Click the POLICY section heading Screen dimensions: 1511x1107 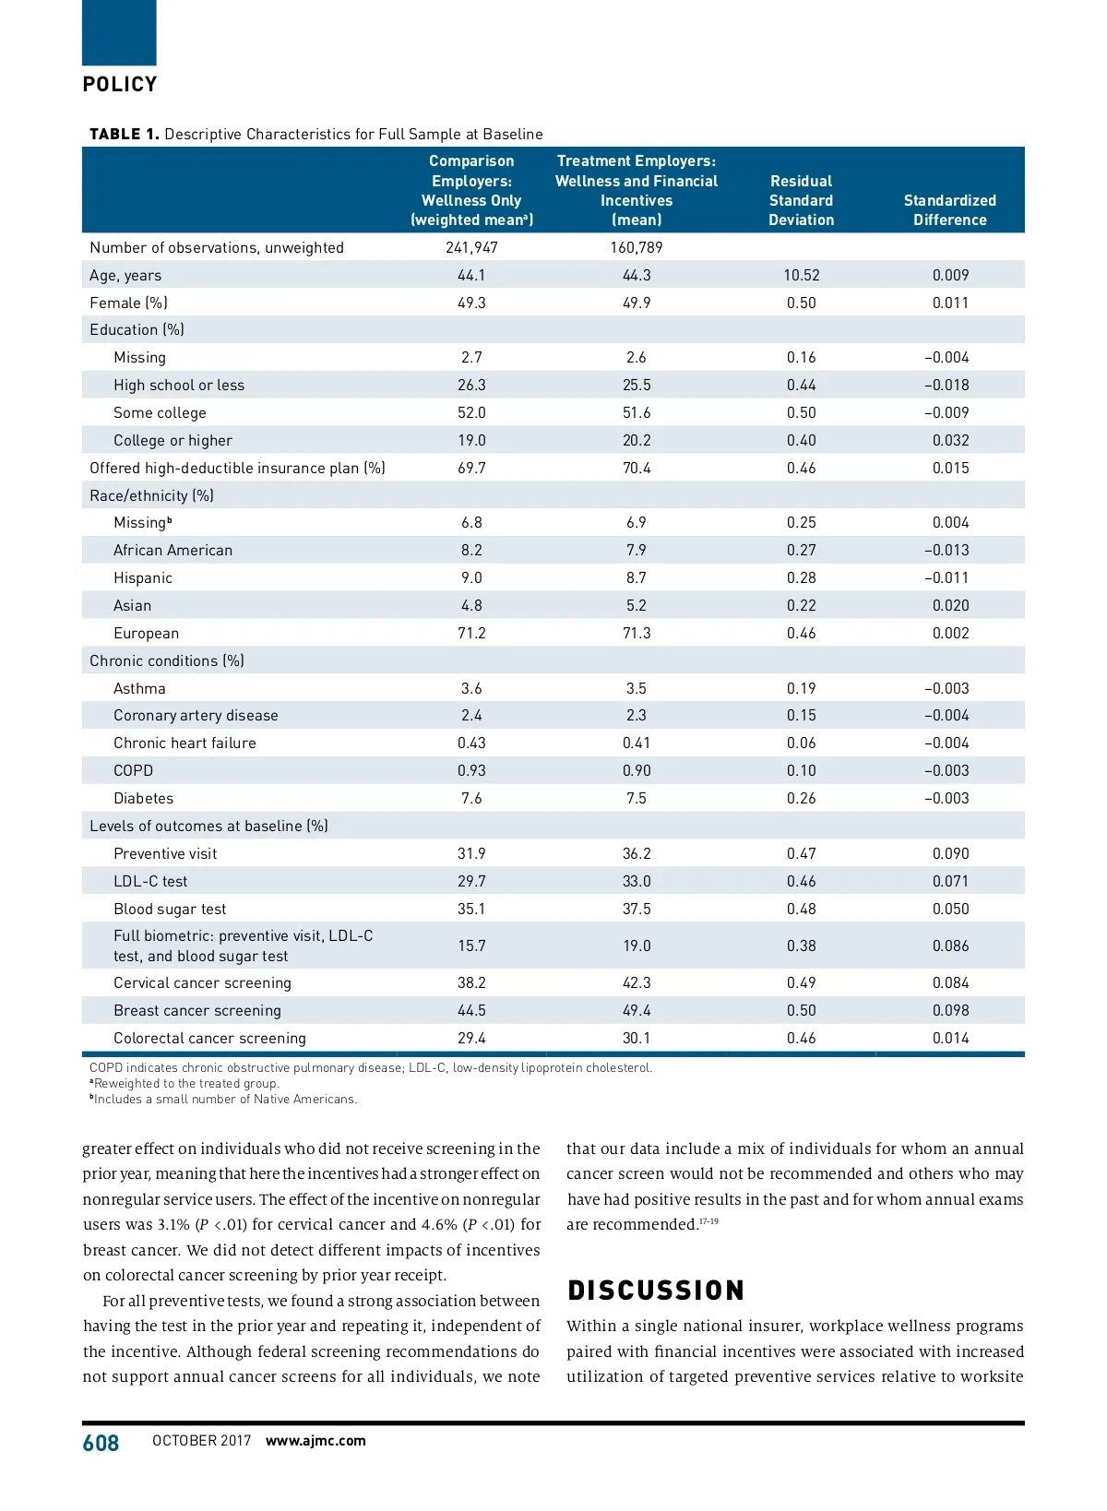point(120,85)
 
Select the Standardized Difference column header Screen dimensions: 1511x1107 point(949,210)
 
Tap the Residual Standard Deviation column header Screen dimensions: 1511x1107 point(801,200)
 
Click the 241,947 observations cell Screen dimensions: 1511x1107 point(471,247)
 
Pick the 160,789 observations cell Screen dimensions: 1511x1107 point(636,247)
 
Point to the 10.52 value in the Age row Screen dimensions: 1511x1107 point(801,275)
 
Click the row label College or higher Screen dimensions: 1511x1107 point(173,440)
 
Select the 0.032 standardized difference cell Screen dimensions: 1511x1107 point(950,440)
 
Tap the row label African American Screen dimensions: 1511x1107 point(173,550)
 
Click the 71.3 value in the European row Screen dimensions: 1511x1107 point(636,633)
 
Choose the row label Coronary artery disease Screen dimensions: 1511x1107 point(196,715)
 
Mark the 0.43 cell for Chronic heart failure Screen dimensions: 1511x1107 point(471,743)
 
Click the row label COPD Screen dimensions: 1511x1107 point(133,770)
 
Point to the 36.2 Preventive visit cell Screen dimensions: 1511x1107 point(636,853)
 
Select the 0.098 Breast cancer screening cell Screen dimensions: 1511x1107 point(950,1010)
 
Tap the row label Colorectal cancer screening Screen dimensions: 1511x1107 point(209,1038)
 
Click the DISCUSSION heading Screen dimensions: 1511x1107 point(656,1290)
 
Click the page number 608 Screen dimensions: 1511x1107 point(101,1443)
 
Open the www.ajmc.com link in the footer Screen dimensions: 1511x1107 point(315,1441)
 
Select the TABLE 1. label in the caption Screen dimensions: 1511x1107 point(124,134)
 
